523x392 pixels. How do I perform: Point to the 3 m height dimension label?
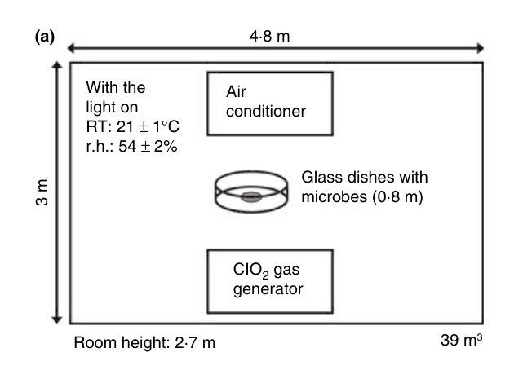pos(42,193)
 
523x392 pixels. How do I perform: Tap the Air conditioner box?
pos(269,104)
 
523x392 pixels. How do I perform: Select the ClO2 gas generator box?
pos(269,281)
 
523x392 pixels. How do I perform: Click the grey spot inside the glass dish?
pos(250,196)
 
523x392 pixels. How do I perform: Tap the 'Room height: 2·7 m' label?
pos(145,343)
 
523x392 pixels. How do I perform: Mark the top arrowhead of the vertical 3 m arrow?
pos(57,67)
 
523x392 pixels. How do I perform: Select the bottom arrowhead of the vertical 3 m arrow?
pos(57,319)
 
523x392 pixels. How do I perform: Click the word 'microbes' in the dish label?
pos(329,196)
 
